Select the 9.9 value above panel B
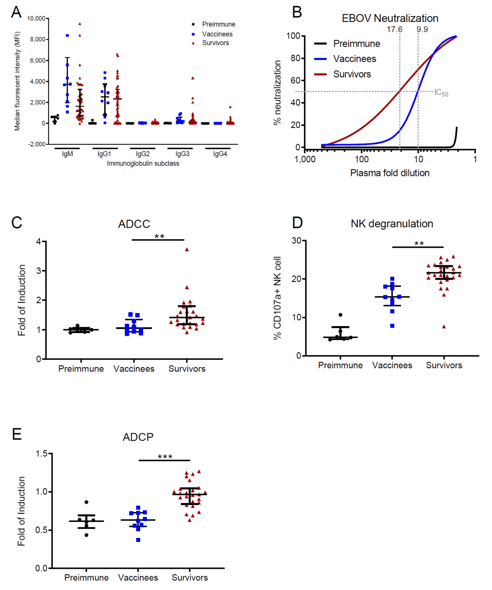pyautogui.click(x=422, y=29)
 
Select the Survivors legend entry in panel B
pyautogui.click(x=352, y=74)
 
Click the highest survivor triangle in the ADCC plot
pyautogui.click(x=187, y=249)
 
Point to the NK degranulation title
pyautogui.click(x=392, y=224)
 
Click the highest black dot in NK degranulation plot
pyautogui.click(x=340, y=315)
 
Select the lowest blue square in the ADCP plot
pyautogui.click(x=138, y=540)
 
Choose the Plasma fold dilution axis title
pyautogui.click(x=390, y=173)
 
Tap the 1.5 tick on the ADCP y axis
pyautogui.click(x=42, y=454)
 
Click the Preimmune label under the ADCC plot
pyautogui.click(x=81, y=369)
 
